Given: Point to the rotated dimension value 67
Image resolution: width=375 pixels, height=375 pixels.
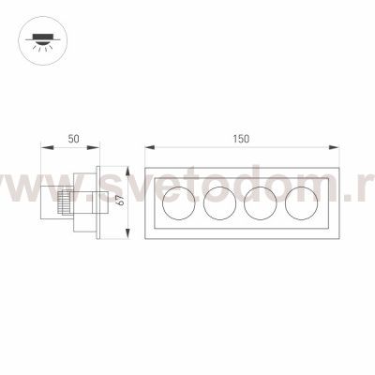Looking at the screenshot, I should [119, 200].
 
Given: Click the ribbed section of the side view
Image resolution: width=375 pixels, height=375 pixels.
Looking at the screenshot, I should [63, 202].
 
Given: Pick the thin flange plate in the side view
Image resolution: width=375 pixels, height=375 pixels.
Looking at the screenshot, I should [97, 201].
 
